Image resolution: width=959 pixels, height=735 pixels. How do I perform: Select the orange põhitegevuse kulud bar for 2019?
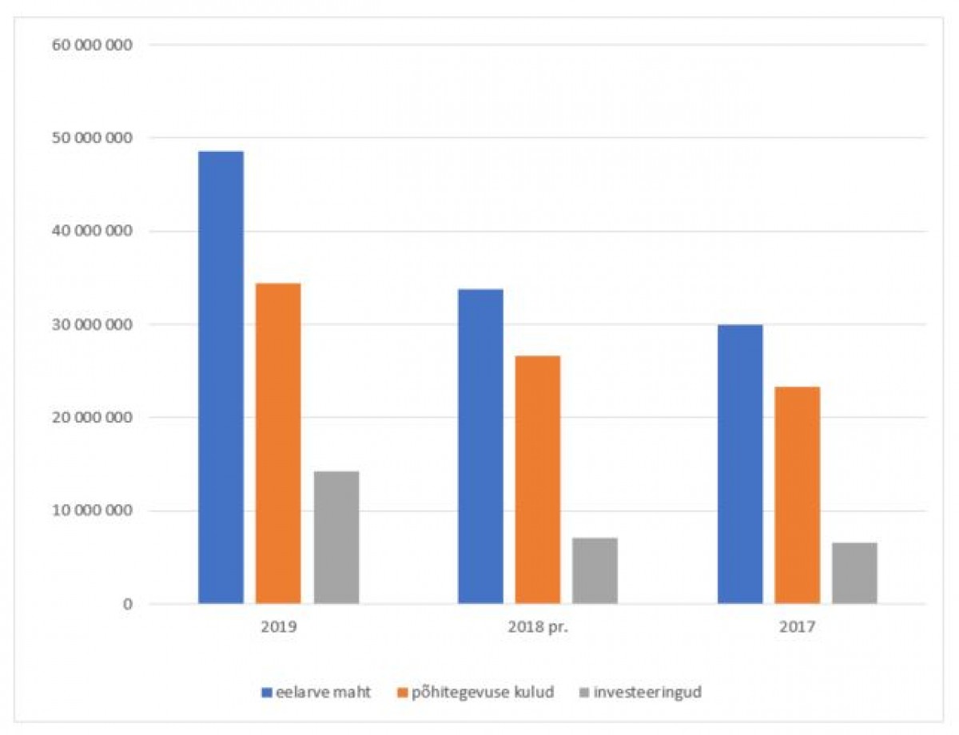pos(279,443)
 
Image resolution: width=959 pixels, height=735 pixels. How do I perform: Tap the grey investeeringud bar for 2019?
pos(336,538)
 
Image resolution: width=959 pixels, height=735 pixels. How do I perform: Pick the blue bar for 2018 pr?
pos(480,446)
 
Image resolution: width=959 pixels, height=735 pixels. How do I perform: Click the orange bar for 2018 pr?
pos(538,479)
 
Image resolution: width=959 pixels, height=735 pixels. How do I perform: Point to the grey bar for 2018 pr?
pos(595,570)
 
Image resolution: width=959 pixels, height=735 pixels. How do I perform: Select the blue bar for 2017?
pos(740,464)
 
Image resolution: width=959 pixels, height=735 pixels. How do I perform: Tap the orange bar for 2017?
pos(798,495)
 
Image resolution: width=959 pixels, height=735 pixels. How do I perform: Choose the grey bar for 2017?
pos(855,573)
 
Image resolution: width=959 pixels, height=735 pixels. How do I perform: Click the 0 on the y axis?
pos(125,605)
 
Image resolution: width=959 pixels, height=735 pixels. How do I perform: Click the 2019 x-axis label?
pos(279,628)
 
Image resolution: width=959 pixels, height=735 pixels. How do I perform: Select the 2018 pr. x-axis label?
pos(538,628)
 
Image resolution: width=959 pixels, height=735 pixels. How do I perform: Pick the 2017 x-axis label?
pos(798,628)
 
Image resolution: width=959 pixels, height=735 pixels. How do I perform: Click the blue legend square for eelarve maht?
pos(267,693)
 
